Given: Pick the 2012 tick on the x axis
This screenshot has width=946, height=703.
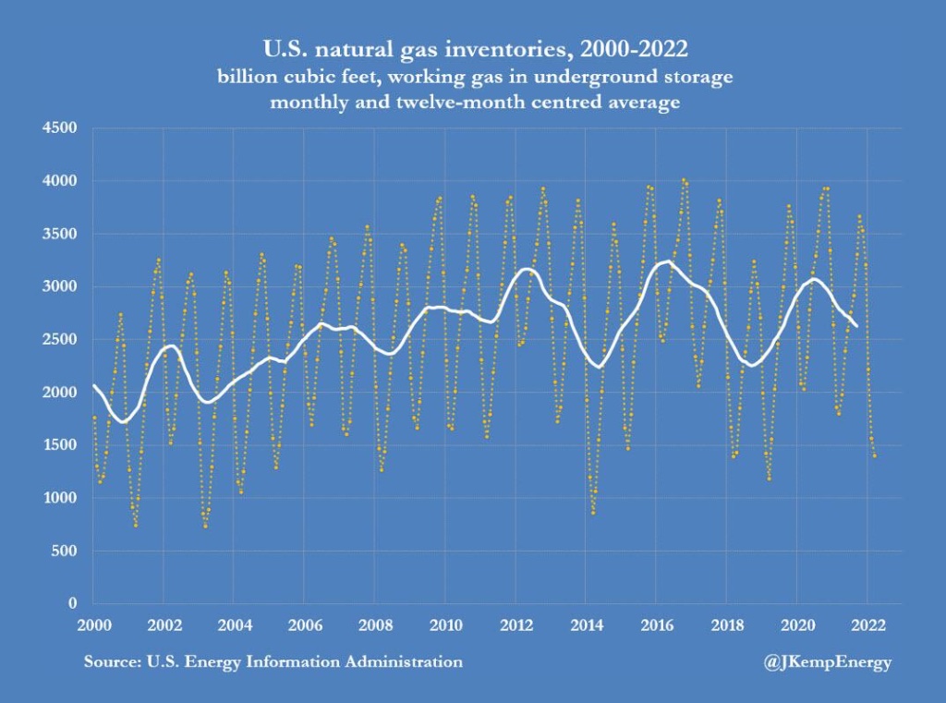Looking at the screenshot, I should point(515,624).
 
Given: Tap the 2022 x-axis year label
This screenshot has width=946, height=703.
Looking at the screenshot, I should point(867,624).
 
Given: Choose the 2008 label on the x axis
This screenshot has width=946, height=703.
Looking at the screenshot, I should point(374,624).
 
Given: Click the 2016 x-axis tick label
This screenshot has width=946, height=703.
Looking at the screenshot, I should point(656,624).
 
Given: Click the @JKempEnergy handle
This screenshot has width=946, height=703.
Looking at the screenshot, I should point(828,662).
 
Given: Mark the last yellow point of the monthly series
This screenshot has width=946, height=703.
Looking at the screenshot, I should point(874,455).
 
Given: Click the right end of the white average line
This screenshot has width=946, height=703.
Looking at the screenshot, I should point(856,325).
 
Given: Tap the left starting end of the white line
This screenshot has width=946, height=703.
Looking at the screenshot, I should point(93,385).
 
